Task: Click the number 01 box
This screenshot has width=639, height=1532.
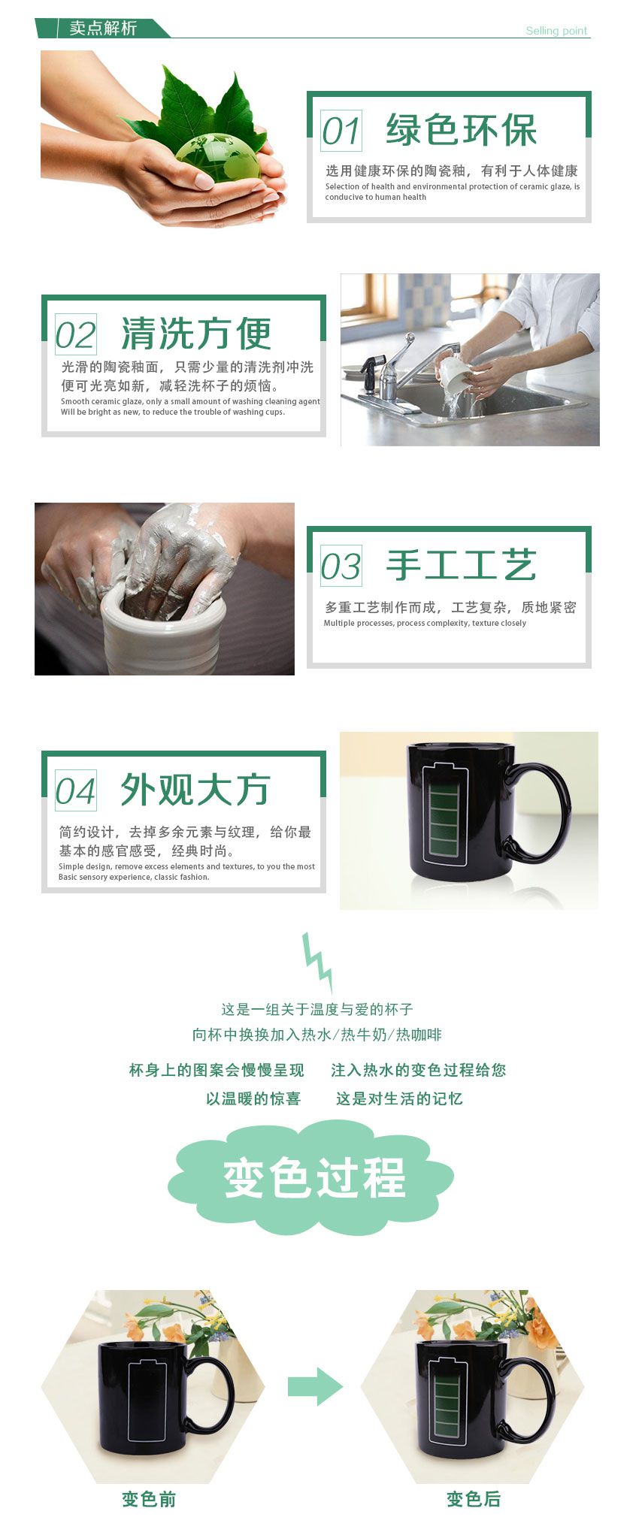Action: pyautogui.click(x=341, y=130)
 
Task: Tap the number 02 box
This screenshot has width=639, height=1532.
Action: pyautogui.click(x=76, y=334)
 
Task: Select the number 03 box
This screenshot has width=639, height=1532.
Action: pyautogui.click(x=341, y=566)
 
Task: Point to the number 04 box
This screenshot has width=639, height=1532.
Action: pyautogui.click(x=76, y=790)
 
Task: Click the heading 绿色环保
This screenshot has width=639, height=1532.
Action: pyautogui.click(x=461, y=130)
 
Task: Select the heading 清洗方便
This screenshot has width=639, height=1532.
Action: pyautogui.click(x=195, y=334)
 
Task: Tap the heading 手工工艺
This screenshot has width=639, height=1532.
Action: pyautogui.click(x=461, y=565)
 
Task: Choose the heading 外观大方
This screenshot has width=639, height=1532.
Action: pyautogui.click(x=195, y=790)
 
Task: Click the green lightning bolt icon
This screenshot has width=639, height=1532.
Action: pyautogui.click(x=317, y=962)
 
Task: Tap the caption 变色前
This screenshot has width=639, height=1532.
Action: pyautogui.click(x=149, y=1500)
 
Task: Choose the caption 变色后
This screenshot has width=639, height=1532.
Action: pyautogui.click(x=474, y=1500)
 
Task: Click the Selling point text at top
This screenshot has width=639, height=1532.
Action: pyautogui.click(x=556, y=31)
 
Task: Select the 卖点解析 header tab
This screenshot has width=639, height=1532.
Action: pyautogui.click(x=103, y=28)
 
